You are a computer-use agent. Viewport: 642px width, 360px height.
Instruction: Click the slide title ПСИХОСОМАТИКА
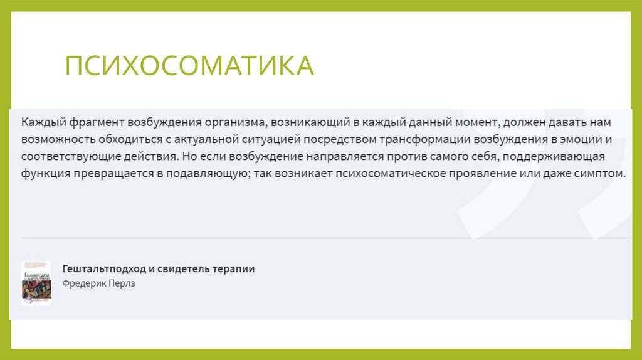click(x=190, y=66)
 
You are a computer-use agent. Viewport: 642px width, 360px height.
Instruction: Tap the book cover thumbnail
click(x=36, y=283)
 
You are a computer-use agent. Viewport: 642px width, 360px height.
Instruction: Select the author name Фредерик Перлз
click(x=99, y=283)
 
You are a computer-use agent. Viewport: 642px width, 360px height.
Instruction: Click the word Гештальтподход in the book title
click(x=104, y=268)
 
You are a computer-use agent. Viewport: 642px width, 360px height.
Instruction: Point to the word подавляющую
click(x=201, y=173)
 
